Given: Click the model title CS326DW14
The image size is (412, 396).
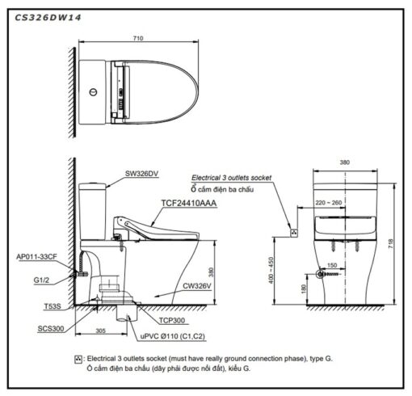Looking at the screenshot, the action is pos(48,18).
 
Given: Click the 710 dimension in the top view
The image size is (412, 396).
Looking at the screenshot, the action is pos(138,38).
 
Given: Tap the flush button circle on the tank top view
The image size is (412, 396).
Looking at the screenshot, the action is pos(93,92).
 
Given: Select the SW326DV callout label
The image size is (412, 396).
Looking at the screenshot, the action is pos(141,174).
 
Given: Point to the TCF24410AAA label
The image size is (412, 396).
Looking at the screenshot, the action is pos(188,203).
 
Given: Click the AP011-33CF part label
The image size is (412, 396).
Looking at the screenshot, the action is pos(36,257).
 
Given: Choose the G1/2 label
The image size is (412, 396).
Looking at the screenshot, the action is pos(41,280).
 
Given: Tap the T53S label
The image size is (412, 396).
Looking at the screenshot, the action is pos(53,306).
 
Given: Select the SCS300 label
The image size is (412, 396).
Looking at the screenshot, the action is pos(51,329).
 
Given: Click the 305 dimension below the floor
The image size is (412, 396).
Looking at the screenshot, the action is pos(100,331).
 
